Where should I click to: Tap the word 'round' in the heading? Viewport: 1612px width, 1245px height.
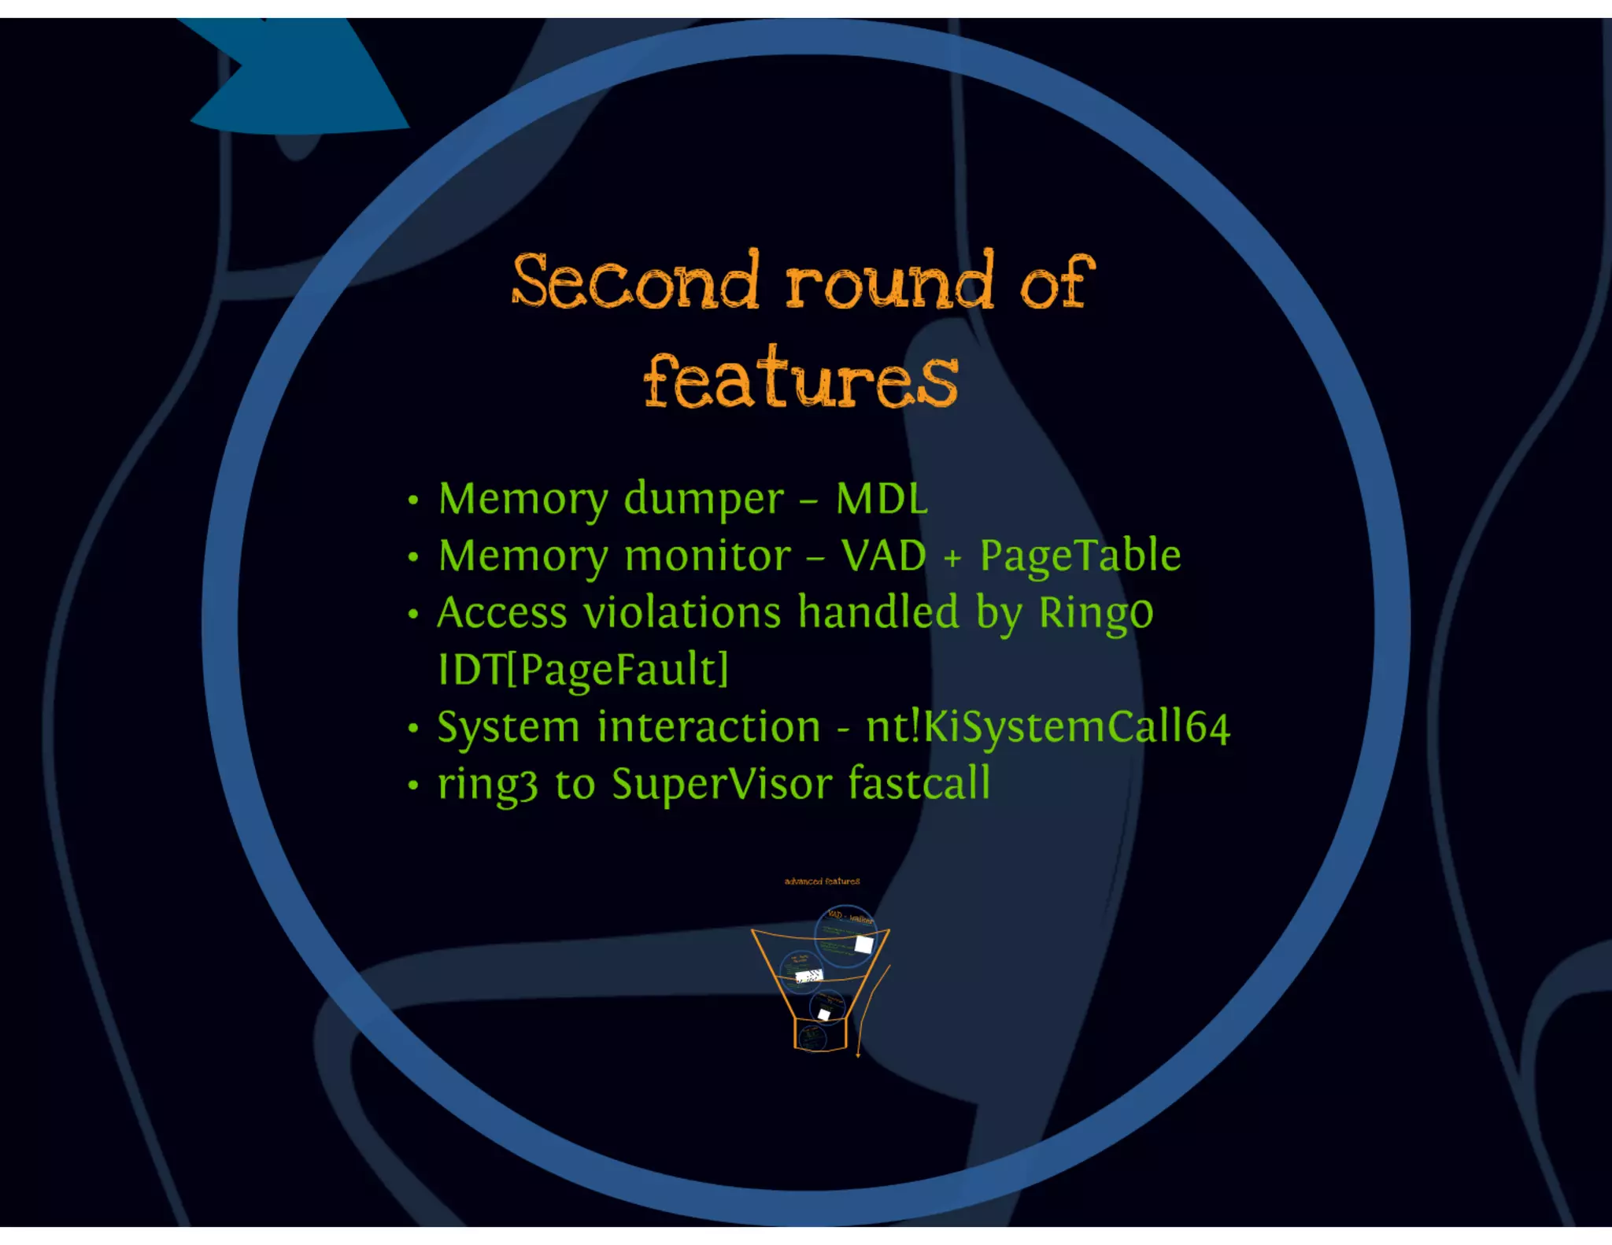[x=889, y=282]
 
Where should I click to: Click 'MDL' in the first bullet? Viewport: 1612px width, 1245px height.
[x=882, y=499]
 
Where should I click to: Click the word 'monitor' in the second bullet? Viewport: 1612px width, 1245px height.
[x=708, y=556]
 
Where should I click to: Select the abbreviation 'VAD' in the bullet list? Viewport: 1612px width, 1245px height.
[x=883, y=556]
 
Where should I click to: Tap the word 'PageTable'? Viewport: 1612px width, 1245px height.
[x=1080, y=556]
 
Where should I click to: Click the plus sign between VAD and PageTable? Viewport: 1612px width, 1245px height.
[x=952, y=559]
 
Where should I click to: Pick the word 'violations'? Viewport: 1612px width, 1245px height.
[x=682, y=613]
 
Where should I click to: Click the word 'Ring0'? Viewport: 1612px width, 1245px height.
[x=1096, y=613]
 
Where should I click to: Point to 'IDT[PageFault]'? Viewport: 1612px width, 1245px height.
[x=583, y=671]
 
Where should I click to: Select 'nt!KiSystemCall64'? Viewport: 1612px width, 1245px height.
[x=1047, y=727]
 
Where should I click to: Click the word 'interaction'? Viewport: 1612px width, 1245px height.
[x=708, y=727]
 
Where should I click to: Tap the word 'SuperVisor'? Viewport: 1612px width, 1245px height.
[x=722, y=785]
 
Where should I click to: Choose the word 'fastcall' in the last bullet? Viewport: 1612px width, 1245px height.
[x=919, y=784]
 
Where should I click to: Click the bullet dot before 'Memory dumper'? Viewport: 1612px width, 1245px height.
[x=413, y=501]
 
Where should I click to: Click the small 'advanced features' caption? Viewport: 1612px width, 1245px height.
[x=822, y=881]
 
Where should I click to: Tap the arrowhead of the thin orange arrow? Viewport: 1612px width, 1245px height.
[x=858, y=1054]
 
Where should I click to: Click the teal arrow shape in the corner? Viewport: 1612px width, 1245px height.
[x=299, y=79]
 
